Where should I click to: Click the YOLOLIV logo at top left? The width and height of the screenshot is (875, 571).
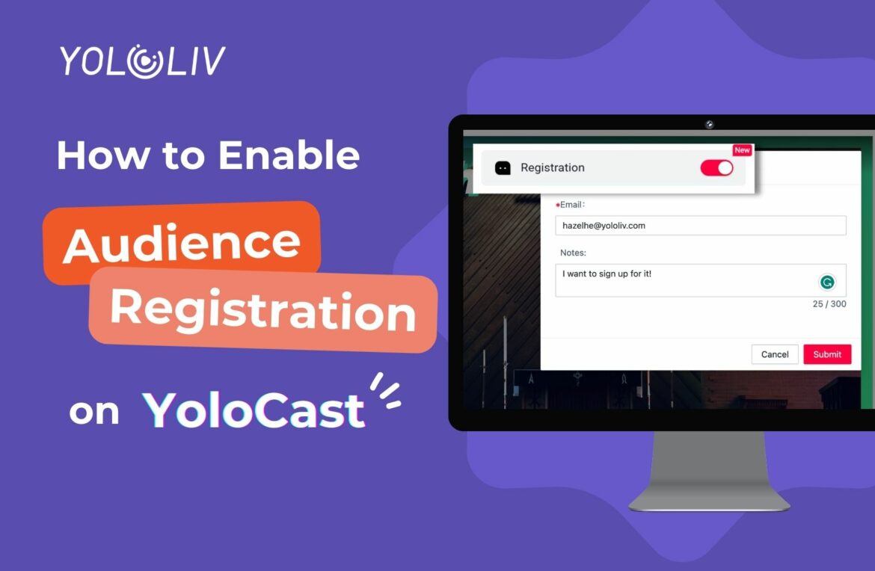(x=143, y=61)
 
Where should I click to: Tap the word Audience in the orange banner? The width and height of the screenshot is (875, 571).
(x=182, y=242)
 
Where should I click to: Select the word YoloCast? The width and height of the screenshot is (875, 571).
(x=254, y=410)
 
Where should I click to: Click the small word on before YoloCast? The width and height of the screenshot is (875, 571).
(x=94, y=412)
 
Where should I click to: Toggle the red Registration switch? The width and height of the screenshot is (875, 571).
(x=716, y=168)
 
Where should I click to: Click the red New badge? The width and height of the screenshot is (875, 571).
(x=742, y=150)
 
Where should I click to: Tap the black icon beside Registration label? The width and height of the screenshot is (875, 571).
(x=503, y=168)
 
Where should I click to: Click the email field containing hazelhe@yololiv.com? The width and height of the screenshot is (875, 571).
(x=700, y=226)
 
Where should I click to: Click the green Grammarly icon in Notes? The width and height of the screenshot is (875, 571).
(x=827, y=282)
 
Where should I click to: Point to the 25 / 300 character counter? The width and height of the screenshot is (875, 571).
(x=829, y=304)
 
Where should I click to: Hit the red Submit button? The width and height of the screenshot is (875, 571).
(x=827, y=354)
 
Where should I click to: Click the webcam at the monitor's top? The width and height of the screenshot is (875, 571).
(x=709, y=124)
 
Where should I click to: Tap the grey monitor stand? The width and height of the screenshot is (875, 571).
(x=709, y=471)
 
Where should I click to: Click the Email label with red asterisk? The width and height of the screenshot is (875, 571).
(x=571, y=205)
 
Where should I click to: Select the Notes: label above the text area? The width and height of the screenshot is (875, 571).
(x=573, y=253)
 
